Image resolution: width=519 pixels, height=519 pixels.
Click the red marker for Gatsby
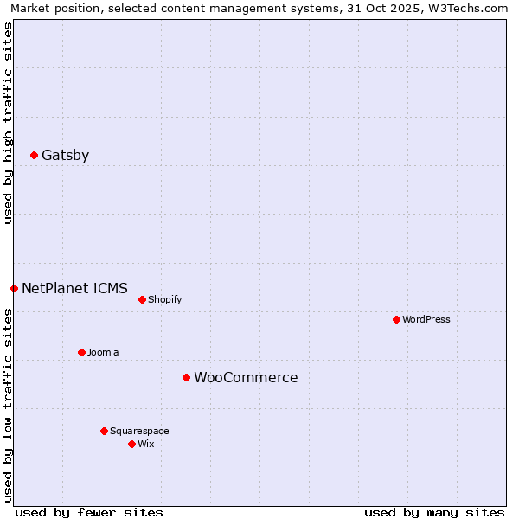point(34,156)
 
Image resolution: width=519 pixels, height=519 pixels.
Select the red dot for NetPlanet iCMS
point(14,288)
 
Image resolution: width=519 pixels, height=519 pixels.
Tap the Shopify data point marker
point(142,300)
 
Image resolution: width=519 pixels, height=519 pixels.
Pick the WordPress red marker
point(396,319)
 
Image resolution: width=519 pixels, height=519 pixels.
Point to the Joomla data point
point(81,352)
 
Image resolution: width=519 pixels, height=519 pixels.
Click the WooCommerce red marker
point(186,378)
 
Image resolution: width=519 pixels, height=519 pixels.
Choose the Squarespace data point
point(104,431)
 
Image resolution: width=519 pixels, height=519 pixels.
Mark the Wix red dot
point(131,444)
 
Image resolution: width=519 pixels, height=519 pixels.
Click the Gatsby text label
point(66,156)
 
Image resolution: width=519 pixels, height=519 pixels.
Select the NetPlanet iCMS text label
point(74,288)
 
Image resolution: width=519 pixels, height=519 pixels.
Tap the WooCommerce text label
point(246,378)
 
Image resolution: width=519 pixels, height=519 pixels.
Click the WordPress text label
point(426,319)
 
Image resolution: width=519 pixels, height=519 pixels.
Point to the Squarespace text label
point(139,431)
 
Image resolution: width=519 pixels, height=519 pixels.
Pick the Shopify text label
point(164,300)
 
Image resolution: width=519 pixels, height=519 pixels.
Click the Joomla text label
point(103,352)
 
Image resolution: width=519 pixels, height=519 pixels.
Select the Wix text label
point(145,444)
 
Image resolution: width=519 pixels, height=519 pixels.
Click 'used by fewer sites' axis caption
point(89,512)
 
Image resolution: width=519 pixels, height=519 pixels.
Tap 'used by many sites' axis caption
point(434,512)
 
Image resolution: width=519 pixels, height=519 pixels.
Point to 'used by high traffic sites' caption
point(9,123)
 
